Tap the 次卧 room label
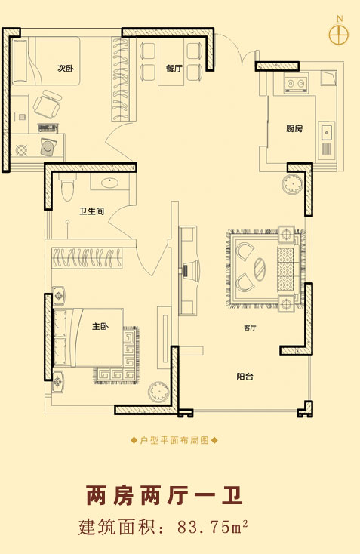point(66,68)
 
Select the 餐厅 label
point(174,68)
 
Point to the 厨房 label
point(294,128)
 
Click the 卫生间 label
point(91,211)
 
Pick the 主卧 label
point(100,326)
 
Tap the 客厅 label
point(250,328)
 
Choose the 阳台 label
point(245,377)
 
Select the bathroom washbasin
point(111,183)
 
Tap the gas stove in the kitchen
point(295,83)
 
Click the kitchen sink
point(327,132)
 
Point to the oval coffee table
point(260,269)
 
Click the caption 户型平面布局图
point(174,440)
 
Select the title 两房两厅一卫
point(165,496)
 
